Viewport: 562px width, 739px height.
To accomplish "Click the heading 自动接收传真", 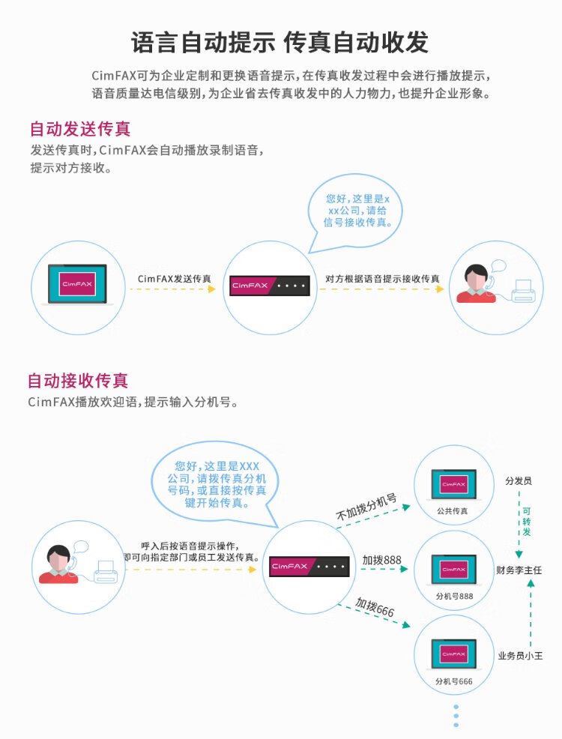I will pos(83,381).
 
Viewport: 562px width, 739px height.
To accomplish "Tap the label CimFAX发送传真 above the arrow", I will pos(175,279).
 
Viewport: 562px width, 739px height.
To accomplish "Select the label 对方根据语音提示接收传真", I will pos(383,279).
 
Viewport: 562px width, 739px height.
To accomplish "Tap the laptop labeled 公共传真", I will pos(453,486).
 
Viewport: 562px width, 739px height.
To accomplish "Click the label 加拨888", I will pos(382,560).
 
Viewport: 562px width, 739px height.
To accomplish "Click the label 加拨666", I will pos(375,608).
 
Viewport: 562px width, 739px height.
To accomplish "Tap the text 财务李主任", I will pos(519,570).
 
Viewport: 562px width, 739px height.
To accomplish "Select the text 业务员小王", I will pos(520,656).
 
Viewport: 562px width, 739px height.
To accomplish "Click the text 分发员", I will pos(519,480).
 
